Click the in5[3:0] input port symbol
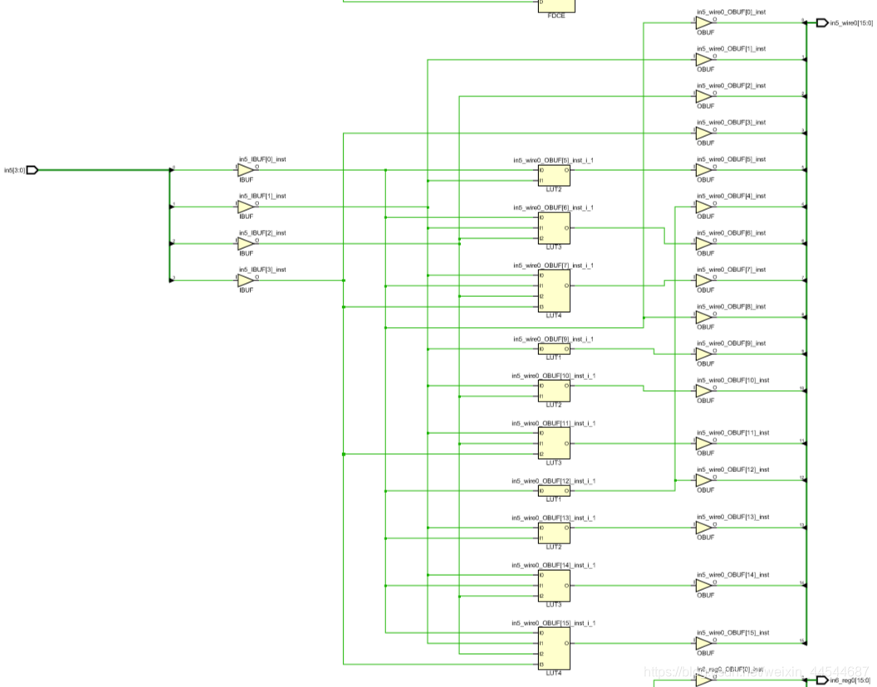32,170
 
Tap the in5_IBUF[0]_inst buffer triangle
246,170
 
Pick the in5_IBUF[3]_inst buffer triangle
246,280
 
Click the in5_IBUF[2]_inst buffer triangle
246,244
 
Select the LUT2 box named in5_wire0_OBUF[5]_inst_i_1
554,175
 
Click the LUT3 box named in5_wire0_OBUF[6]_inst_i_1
554,228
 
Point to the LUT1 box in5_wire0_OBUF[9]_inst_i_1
554,348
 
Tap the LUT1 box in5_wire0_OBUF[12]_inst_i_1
554,490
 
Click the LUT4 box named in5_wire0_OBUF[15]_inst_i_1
554,648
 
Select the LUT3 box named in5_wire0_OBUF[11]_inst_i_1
554,443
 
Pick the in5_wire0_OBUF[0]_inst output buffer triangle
703,23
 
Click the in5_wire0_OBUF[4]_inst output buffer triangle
703,207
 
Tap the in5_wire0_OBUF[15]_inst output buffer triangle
703,643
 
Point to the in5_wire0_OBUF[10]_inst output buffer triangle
703,391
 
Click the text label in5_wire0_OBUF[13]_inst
732,517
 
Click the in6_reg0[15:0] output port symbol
822,680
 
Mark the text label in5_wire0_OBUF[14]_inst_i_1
553,565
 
